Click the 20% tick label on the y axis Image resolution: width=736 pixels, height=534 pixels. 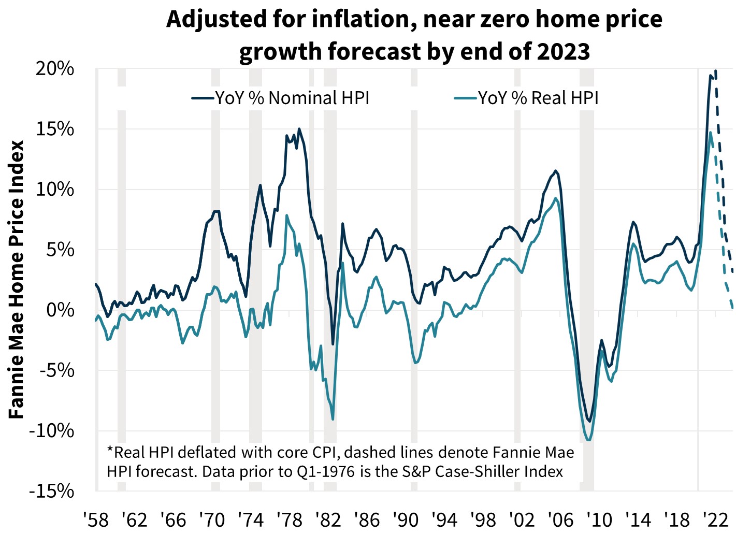[55, 69]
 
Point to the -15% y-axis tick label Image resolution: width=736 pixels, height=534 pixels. [52, 491]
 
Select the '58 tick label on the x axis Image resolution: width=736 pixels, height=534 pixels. [96, 519]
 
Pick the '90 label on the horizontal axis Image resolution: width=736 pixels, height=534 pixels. [406, 519]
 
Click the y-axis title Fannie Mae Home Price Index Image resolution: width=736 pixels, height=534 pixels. [17, 280]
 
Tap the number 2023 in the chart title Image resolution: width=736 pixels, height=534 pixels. [564, 51]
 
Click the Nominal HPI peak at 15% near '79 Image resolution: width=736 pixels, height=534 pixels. [299, 129]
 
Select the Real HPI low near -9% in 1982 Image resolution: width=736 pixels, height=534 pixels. [333, 419]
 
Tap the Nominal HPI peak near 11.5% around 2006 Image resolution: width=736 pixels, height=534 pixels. [556, 171]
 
